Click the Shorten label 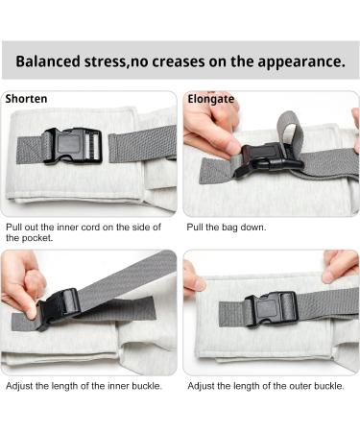[26, 99]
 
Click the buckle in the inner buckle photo [60, 306]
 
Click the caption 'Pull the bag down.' [226, 228]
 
